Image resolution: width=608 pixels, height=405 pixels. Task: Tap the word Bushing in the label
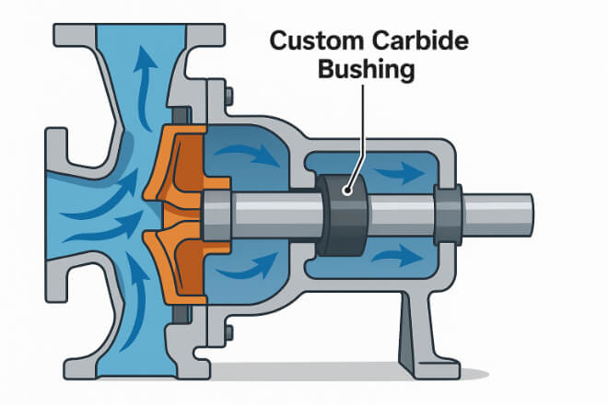coord(364,70)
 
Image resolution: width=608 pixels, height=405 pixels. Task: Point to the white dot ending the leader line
coord(347,191)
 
